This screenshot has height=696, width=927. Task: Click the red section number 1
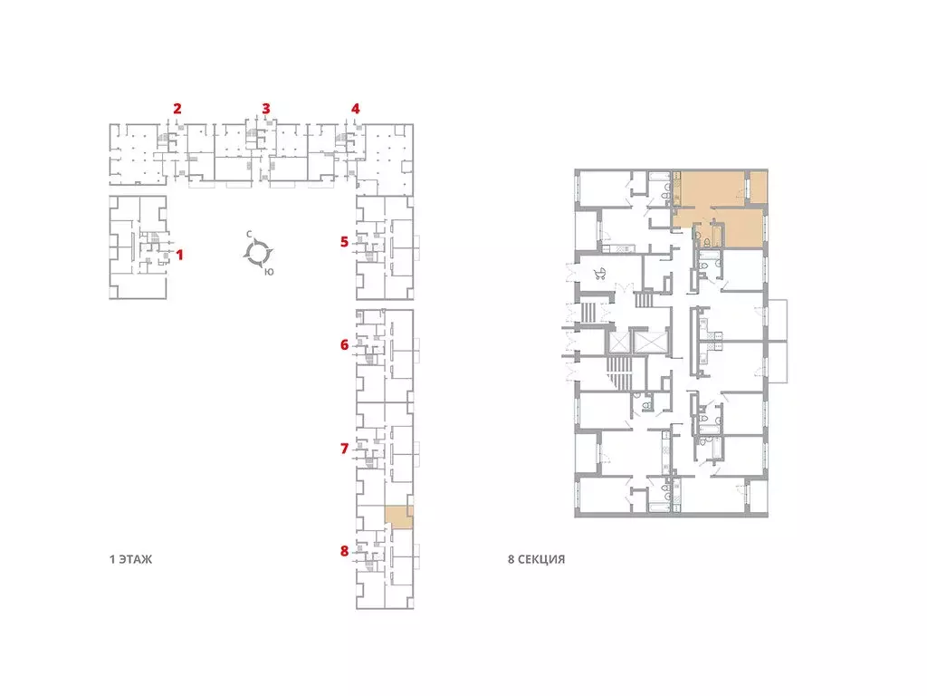(180, 255)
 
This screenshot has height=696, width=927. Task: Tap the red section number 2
(177, 109)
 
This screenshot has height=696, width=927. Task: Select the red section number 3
(266, 109)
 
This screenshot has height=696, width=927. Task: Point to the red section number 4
(355, 109)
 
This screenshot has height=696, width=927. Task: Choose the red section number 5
(344, 241)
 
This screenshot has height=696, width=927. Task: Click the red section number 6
(344, 344)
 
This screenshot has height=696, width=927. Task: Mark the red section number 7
(344, 449)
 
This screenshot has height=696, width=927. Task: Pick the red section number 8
(344, 551)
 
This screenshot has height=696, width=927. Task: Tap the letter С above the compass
(250, 235)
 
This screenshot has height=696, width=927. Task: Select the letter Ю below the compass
(269, 272)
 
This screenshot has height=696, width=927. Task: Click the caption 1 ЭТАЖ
(130, 559)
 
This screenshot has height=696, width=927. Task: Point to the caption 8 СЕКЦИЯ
(536, 559)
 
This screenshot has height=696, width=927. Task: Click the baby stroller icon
(600, 274)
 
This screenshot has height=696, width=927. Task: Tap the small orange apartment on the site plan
(399, 517)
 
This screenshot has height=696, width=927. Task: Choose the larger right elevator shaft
(650, 342)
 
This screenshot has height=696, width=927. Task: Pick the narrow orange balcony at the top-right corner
(759, 186)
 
